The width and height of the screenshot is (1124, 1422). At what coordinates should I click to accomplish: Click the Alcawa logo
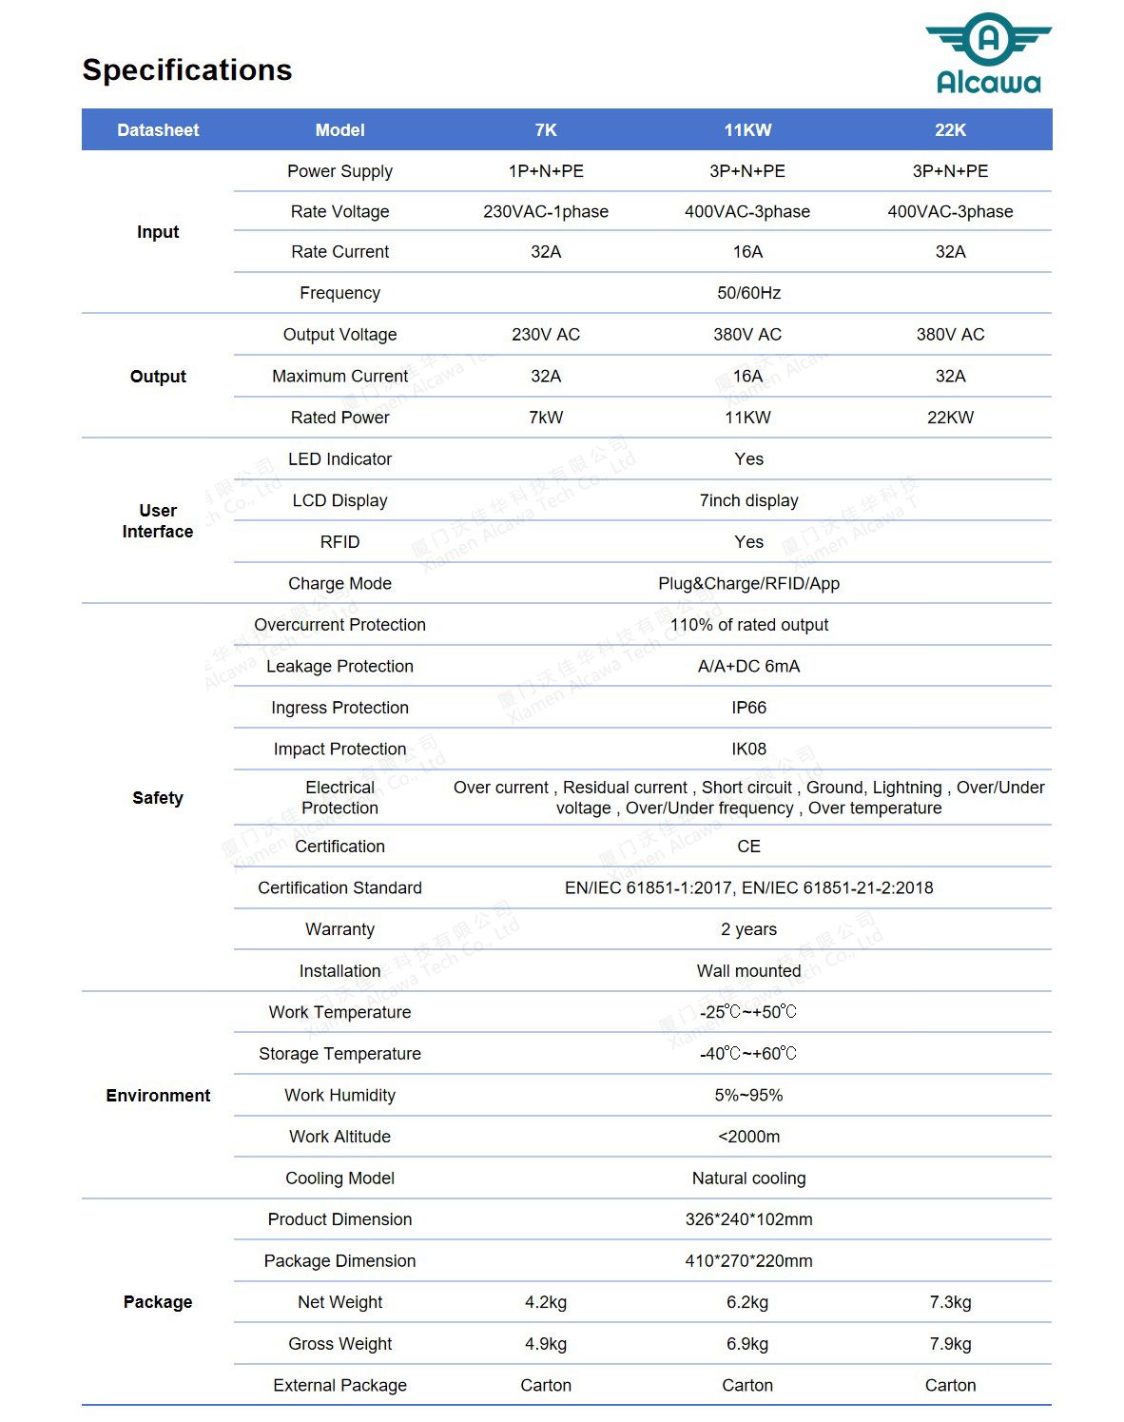pyautogui.click(x=988, y=54)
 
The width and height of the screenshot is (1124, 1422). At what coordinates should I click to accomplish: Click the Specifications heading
pyautogui.click(x=187, y=69)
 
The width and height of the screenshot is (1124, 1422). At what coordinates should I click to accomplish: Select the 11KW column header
pyautogui.click(x=747, y=130)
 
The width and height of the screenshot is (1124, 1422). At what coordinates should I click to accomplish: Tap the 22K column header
pyautogui.click(x=950, y=130)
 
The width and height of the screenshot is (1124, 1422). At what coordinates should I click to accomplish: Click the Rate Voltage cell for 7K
pyautogui.click(x=546, y=211)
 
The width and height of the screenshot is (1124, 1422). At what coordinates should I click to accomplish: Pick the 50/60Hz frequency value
pyautogui.click(x=748, y=293)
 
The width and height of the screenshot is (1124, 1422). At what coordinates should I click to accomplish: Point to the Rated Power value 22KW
pyautogui.click(x=950, y=418)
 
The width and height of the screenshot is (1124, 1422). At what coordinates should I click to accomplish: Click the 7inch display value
pyautogui.click(x=748, y=500)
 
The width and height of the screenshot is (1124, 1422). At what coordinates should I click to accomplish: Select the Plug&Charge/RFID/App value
pyautogui.click(x=748, y=583)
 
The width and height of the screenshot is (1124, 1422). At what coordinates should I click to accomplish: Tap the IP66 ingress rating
pyautogui.click(x=748, y=708)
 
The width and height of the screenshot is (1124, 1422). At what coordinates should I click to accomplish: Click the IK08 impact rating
pyautogui.click(x=748, y=749)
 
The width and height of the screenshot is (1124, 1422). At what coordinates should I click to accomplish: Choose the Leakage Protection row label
pyautogui.click(x=339, y=666)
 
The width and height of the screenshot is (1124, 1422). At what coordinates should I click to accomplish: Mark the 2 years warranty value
pyautogui.click(x=748, y=929)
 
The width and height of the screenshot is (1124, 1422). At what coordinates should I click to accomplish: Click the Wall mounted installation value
pyautogui.click(x=748, y=971)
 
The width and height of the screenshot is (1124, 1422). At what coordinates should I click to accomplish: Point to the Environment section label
pyautogui.click(x=158, y=1096)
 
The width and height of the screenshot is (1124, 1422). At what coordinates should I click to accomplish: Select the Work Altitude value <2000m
pyautogui.click(x=748, y=1137)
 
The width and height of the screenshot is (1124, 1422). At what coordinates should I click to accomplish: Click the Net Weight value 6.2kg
pyautogui.click(x=747, y=1302)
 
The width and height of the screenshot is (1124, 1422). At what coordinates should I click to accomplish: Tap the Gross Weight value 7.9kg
pyautogui.click(x=950, y=1344)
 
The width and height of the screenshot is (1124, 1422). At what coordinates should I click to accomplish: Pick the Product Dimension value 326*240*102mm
pyautogui.click(x=748, y=1219)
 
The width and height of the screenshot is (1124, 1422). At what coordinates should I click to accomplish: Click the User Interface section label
pyautogui.click(x=158, y=521)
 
